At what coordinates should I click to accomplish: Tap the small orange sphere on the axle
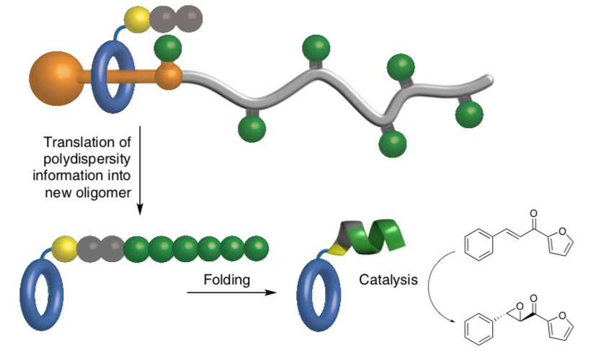coord(170,73)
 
